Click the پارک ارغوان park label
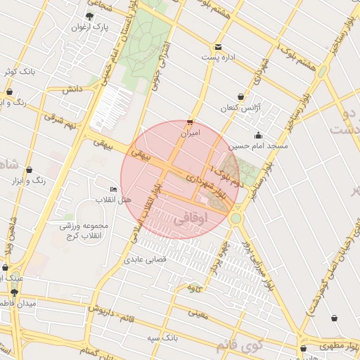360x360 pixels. pos(89,27)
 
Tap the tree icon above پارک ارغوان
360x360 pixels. pos(89,15)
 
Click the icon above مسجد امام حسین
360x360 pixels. pos(258,136)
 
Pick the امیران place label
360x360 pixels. pos(191,132)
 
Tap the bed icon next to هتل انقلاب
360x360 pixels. pos(114,190)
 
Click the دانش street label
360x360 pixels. pos(72,89)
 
